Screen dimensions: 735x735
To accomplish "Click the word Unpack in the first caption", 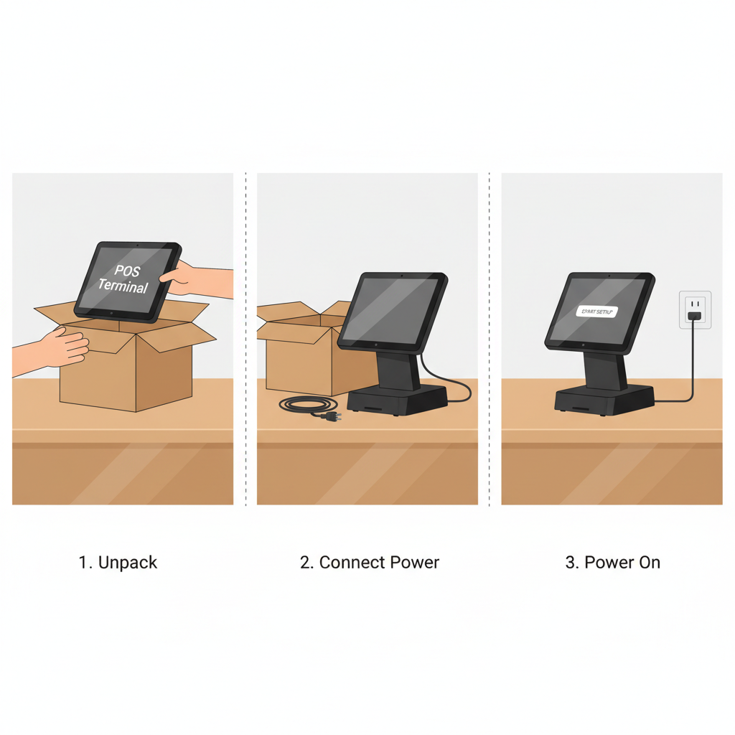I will click(128, 563).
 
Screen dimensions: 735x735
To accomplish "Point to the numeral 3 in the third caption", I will click(571, 563).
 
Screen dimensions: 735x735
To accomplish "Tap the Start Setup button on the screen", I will click(596, 312).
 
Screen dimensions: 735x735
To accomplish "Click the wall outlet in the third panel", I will click(695, 309).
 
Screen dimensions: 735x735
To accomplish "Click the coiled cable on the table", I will click(301, 406).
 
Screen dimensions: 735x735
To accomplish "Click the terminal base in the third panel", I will click(604, 401).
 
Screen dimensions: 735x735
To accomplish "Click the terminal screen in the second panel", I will click(392, 309).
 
